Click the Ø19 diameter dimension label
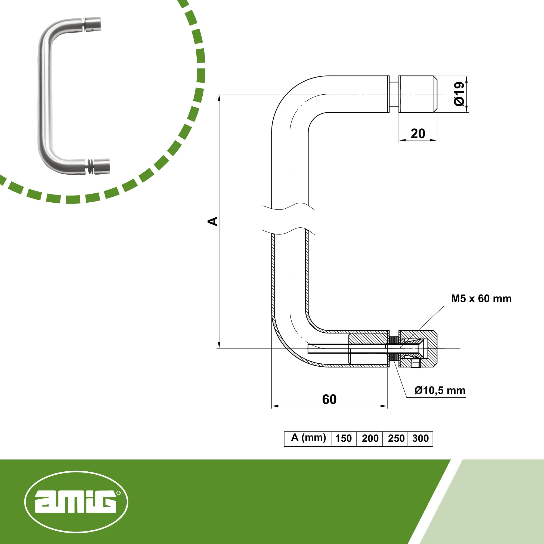459,94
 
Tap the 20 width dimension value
418,134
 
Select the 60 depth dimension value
329,400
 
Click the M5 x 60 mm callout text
481,298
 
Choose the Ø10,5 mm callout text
440,391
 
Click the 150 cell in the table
344,438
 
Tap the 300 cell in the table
421,438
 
